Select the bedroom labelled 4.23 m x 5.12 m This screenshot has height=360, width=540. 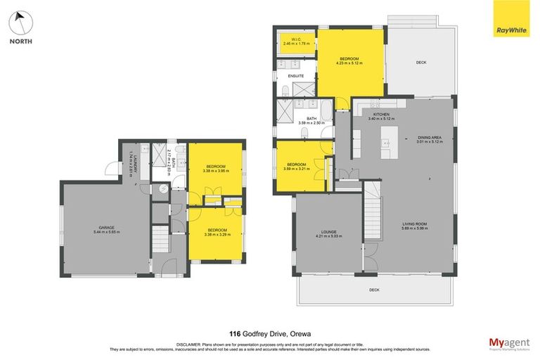[349, 60]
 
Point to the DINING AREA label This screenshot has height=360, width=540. [430, 139]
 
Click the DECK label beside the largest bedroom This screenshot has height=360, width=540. [420, 63]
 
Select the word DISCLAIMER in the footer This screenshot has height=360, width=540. [214, 342]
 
